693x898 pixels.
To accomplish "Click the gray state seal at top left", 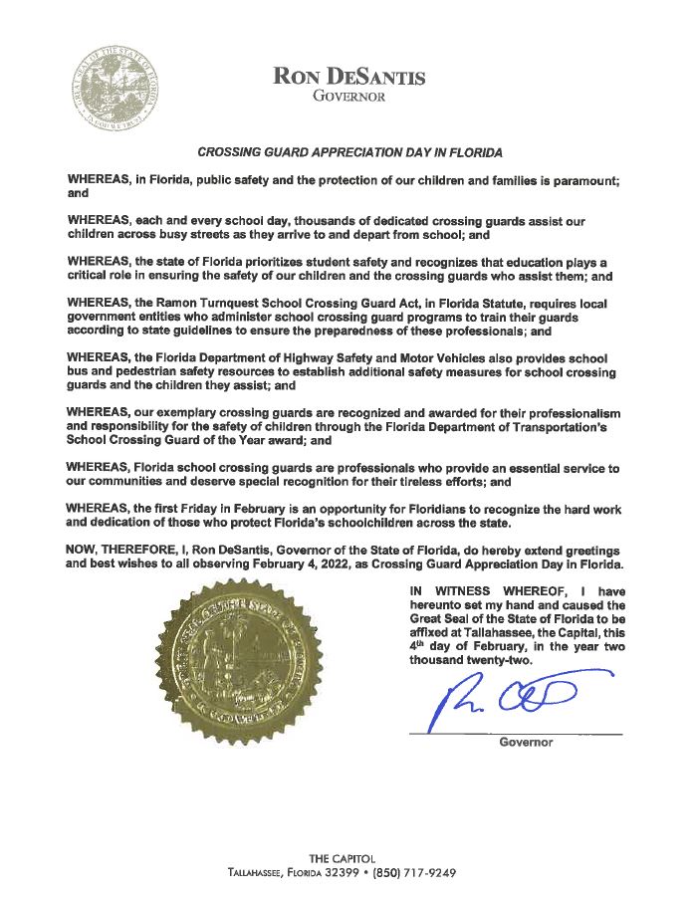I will pyautogui.click(x=116, y=90).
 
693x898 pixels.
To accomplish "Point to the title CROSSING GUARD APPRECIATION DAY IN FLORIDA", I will pyautogui.click(x=350, y=153).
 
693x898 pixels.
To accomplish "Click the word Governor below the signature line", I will pyautogui.click(x=525, y=743).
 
